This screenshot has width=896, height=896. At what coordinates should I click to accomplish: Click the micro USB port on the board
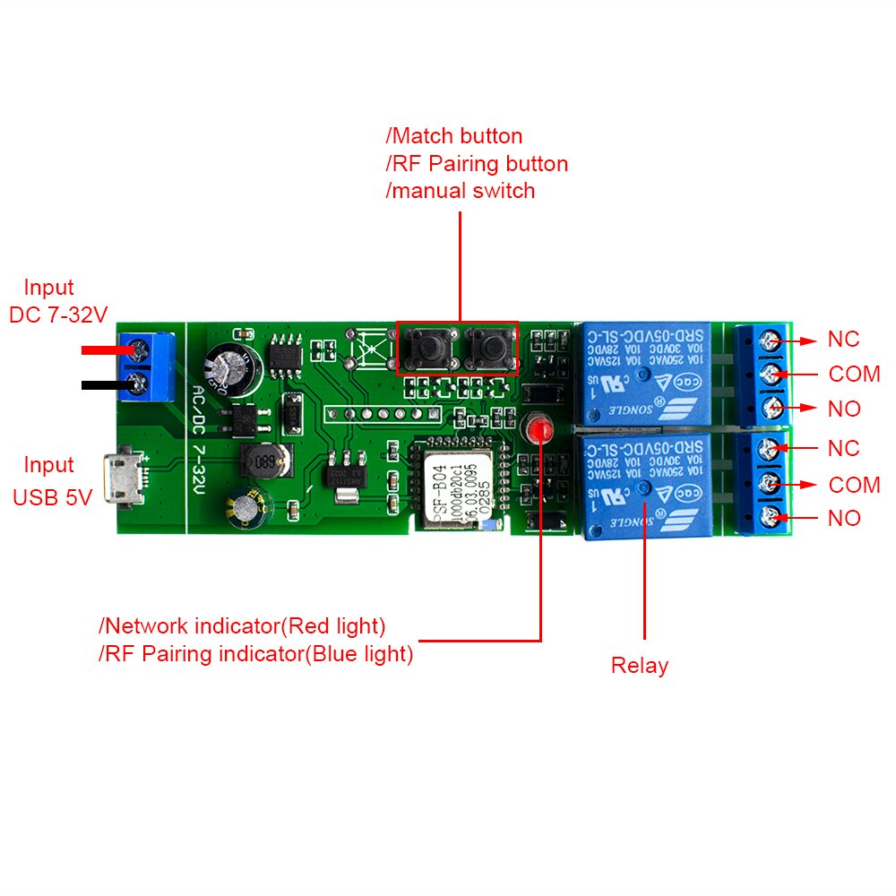click(116, 480)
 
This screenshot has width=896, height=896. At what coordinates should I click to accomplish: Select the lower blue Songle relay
click(644, 484)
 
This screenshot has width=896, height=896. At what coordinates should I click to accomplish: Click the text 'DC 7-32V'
click(58, 315)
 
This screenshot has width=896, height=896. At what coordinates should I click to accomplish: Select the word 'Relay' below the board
click(639, 666)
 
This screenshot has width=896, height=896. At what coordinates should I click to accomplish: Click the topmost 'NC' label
click(843, 340)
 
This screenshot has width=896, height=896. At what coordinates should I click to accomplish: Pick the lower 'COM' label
click(854, 485)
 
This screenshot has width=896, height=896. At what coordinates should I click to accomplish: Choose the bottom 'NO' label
click(844, 518)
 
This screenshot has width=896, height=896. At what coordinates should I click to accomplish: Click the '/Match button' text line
click(454, 136)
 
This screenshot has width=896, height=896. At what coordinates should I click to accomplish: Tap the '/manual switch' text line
click(461, 191)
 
